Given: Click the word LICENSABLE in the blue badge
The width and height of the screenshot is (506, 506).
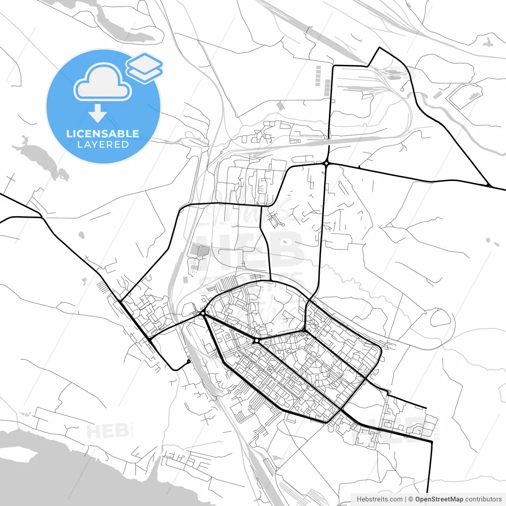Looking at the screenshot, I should pyautogui.click(x=103, y=134).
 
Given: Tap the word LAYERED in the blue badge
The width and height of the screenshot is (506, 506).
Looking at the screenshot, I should pyautogui.click(x=103, y=144).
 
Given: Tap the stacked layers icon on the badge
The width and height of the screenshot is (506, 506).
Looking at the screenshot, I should pyautogui.click(x=144, y=68).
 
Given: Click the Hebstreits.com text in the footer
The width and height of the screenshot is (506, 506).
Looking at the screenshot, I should pyautogui.click(x=379, y=499).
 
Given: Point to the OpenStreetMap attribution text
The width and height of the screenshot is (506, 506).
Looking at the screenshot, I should pyautogui.click(x=439, y=499).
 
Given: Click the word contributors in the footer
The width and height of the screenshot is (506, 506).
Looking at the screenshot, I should pyautogui.click(x=483, y=499).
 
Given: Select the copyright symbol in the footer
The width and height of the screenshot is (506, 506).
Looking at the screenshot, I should pyautogui.click(x=411, y=499).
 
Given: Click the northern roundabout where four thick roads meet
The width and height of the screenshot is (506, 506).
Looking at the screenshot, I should pyautogui.click(x=327, y=163).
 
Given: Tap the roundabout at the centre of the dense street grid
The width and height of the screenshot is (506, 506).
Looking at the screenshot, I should pyautogui.click(x=256, y=340).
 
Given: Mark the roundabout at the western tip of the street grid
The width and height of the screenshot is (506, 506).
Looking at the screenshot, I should pyautogui.click(x=203, y=313).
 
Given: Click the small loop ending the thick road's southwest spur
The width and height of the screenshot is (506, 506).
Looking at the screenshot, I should pyautogui.click(x=189, y=361).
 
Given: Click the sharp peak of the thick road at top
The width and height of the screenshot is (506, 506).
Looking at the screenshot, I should pyautogui.click(x=379, y=48).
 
